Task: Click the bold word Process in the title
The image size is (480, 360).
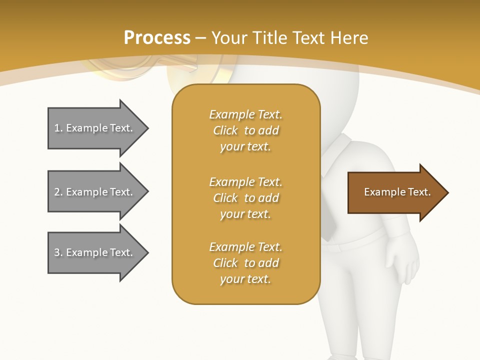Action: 157,37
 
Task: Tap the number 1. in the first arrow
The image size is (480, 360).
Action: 58,128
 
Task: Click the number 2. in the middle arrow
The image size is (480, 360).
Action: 58,192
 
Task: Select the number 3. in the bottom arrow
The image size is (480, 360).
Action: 58,252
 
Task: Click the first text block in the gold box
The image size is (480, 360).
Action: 245,130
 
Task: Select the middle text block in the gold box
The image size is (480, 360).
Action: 245,198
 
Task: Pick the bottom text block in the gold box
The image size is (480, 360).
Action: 245,263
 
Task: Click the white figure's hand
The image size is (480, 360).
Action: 404,262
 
